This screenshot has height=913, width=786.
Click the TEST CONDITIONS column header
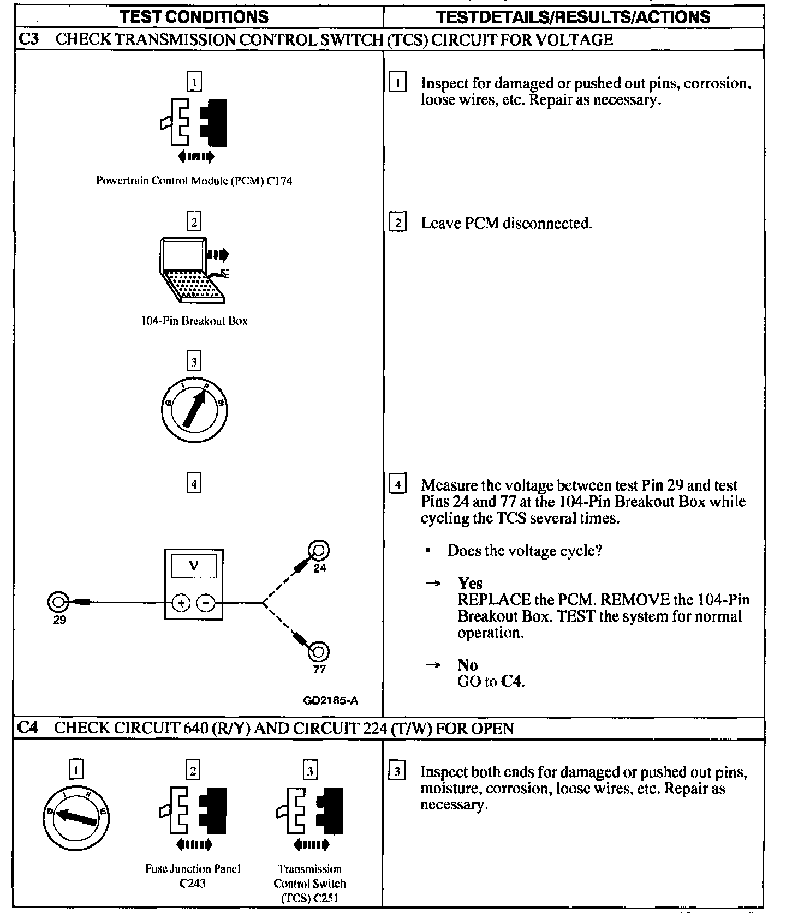[x=194, y=16]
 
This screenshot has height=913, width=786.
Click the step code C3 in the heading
[x=28, y=39]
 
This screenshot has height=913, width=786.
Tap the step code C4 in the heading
[x=28, y=728]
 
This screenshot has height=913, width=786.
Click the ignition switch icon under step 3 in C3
[x=194, y=410]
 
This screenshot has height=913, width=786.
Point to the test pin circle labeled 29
[x=58, y=603]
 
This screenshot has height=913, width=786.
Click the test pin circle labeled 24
[x=319, y=550]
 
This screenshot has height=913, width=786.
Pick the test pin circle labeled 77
[x=319, y=651]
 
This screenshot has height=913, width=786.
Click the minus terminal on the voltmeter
[x=205, y=603]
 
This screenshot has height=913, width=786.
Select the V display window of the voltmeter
[x=194, y=566]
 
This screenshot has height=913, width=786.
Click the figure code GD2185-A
[x=331, y=701]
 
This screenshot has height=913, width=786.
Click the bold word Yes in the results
[x=470, y=583]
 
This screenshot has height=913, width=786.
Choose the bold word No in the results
[x=467, y=665]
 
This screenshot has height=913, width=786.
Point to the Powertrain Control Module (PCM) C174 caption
[x=194, y=181]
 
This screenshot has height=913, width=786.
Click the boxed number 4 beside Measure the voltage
[x=398, y=485]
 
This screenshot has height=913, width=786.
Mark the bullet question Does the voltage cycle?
[x=524, y=551]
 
